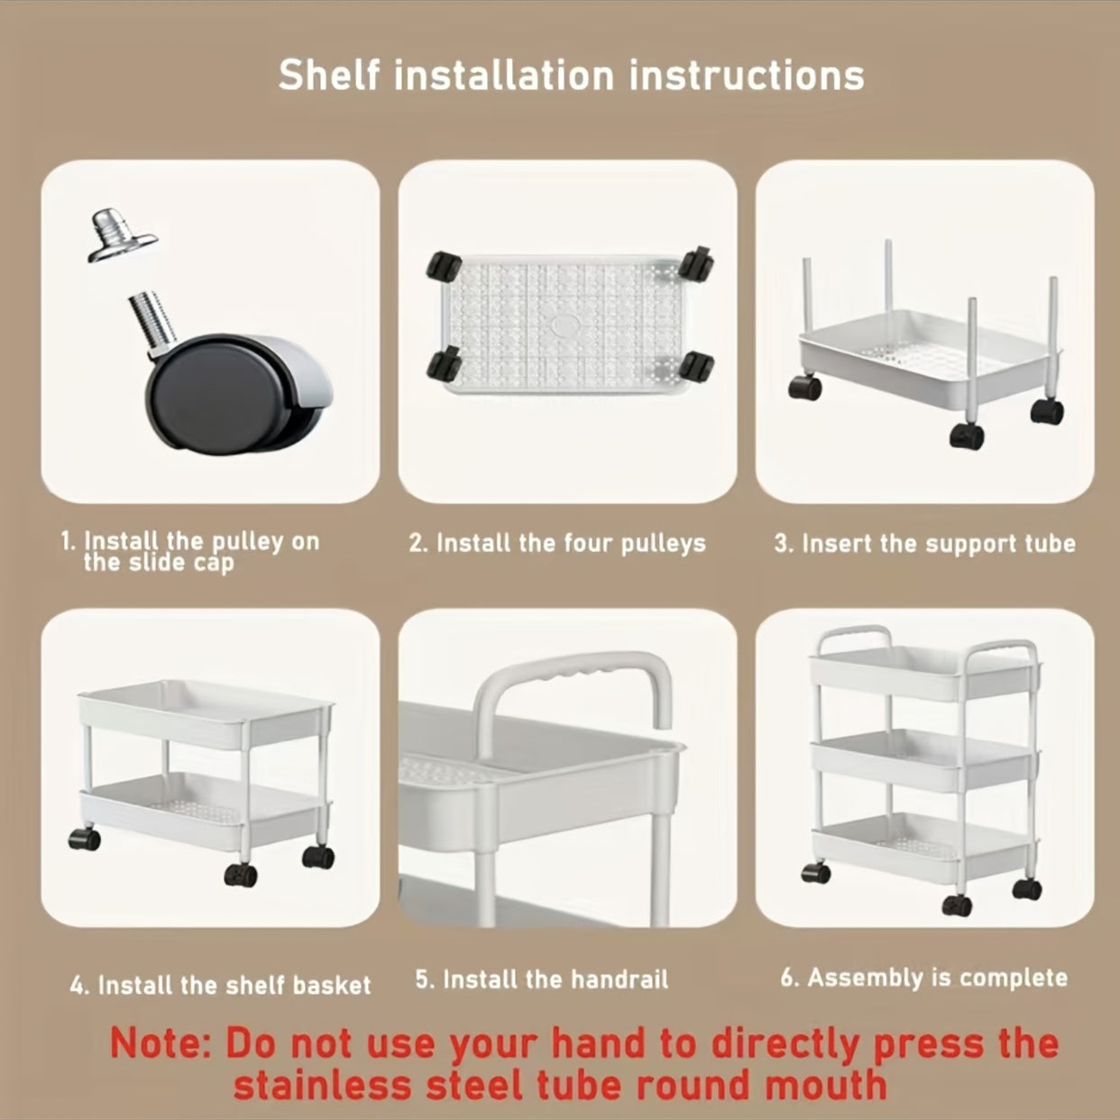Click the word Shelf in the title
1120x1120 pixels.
click(329, 75)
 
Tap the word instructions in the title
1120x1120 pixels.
click(747, 76)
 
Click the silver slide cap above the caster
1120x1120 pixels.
click(122, 234)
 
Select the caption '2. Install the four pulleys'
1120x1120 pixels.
click(557, 544)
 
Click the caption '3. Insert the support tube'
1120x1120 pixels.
click(924, 544)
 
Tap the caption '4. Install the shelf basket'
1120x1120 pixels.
click(220, 985)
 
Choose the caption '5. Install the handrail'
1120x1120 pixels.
click(542, 979)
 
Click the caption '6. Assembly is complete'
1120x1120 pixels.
click(924, 978)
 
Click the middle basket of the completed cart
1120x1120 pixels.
click(924, 761)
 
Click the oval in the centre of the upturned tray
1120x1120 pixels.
click(563, 325)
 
